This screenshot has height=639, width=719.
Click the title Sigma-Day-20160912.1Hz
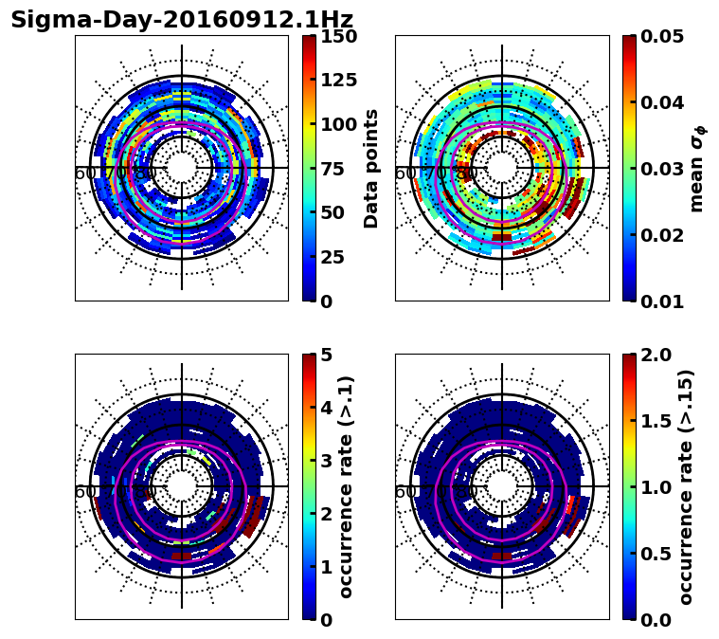tap(182, 20)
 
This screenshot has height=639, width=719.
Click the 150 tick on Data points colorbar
tap(338, 36)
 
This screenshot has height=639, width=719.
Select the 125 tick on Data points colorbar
tap(338, 81)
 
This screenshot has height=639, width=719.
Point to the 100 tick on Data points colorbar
tap(338, 124)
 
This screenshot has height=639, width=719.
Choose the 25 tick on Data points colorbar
tap(333, 257)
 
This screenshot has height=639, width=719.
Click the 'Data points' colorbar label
tap(371, 168)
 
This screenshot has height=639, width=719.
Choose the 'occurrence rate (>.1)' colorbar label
tap(347, 486)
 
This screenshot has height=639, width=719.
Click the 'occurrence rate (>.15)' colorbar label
tap(687, 486)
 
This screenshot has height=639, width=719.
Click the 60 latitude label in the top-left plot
tap(84, 174)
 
